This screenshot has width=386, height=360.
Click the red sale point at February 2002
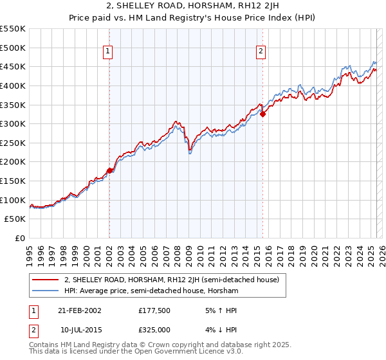(x=109, y=170)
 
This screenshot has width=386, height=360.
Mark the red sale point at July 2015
(x=262, y=114)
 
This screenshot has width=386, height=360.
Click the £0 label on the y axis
(x=19, y=239)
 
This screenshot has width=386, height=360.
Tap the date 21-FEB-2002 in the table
(x=79, y=310)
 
